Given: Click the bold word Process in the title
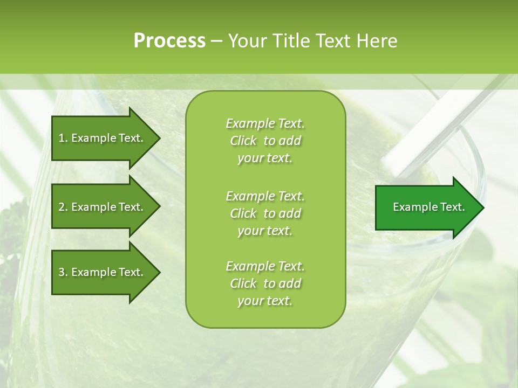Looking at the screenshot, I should (x=169, y=41).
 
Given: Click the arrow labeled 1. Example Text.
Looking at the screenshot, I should (x=101, y=138).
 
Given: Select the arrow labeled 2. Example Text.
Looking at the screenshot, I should (x=101, y=207).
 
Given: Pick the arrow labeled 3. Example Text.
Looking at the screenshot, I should (x=101, y=272).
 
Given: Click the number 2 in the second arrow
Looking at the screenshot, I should (x=62, y=207).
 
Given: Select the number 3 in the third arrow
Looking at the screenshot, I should (x=62, y=272).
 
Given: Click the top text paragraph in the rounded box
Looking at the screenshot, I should (x=265, y=141).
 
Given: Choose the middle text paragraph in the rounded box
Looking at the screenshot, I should (x=265, y=213).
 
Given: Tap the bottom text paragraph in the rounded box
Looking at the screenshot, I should (x=265, y=283).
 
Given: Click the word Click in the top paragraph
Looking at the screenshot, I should (x=243, y=141).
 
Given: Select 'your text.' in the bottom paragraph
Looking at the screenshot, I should (x=265, y=301).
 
